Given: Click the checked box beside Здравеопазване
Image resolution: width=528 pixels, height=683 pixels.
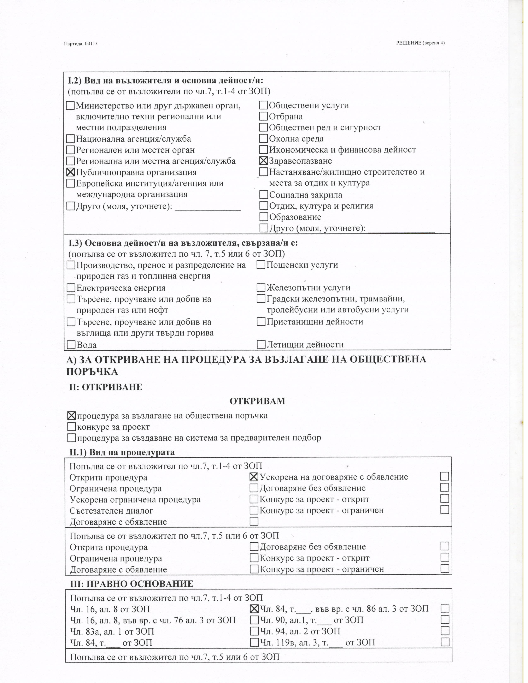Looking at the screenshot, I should click(x=263, y=161).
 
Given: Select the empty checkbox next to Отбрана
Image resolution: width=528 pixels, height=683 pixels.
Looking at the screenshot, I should click(x=263, y=116).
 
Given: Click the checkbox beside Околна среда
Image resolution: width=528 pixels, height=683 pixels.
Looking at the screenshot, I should click(x=263, y=138).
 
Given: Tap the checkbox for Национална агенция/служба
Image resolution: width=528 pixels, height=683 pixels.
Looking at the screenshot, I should click(x=71, y=138).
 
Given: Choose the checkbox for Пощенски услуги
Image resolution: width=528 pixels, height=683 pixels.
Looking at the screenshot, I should click(x=261, y=265).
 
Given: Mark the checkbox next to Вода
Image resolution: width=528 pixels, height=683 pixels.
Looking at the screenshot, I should click(x=71, y=345).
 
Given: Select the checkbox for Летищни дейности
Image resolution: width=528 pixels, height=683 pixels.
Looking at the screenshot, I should click(x=261, y=344).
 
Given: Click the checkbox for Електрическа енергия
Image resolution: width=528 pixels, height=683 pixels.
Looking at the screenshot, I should click(x=71, y=288).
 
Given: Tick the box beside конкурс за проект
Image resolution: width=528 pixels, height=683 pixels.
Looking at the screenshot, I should click(x=72, y=427).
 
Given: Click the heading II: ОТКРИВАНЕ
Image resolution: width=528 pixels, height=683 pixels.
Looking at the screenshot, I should click(x=106, y=387).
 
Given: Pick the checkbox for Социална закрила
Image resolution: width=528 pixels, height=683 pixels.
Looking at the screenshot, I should click(x=264, y=195).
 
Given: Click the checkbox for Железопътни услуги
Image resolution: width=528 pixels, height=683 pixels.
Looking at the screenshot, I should click(x=261, y=287).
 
